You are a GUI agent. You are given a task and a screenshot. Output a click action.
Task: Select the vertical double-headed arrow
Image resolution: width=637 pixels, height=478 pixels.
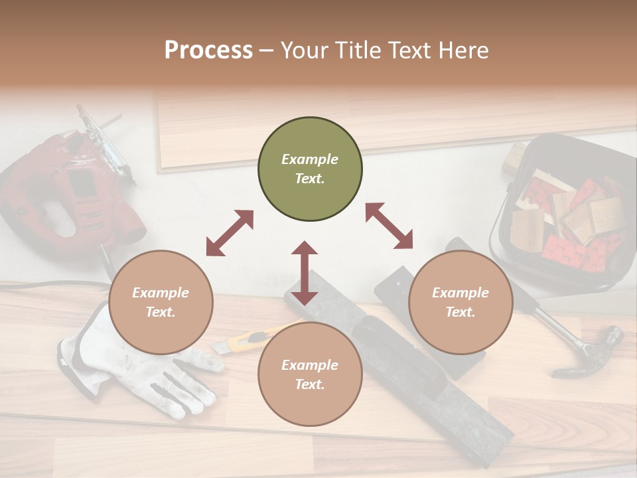pyautogui.click(x=305, y=273)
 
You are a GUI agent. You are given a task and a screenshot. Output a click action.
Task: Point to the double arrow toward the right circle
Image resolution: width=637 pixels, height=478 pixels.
pyautogui.click(x=389, y=226)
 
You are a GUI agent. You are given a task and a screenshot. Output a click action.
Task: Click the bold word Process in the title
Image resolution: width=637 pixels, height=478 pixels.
pyautogui.click(x=208, y=50)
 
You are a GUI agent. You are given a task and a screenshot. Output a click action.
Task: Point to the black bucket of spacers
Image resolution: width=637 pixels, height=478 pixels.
pyautogui.click(x=564, y=212)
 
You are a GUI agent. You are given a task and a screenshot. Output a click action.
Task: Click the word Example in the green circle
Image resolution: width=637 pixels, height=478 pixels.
pyautogui.click(x=310, y=159)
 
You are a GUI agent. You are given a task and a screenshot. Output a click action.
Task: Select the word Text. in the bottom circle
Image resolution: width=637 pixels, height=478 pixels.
pyautogui.click(x=310, y=384)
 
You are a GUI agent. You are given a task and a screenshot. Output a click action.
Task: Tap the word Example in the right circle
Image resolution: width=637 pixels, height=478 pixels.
pyautogui.click(x=460, y=293)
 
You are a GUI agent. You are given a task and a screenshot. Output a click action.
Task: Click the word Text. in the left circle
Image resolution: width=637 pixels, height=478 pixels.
pyautogui.click(x=161, y=312)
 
